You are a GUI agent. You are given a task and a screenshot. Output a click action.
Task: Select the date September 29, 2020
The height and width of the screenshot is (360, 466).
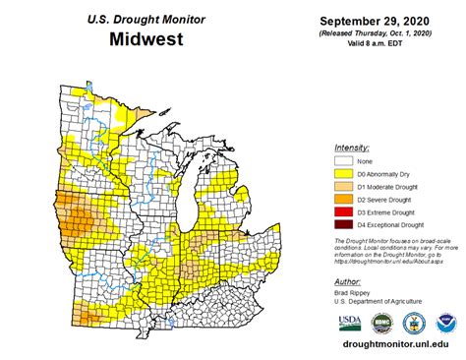(x=384, y=21)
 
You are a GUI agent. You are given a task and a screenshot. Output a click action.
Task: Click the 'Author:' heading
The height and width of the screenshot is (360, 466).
(x=347, y=281)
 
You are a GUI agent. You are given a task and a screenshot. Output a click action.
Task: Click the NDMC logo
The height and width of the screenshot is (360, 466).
(x=381, y=323)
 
